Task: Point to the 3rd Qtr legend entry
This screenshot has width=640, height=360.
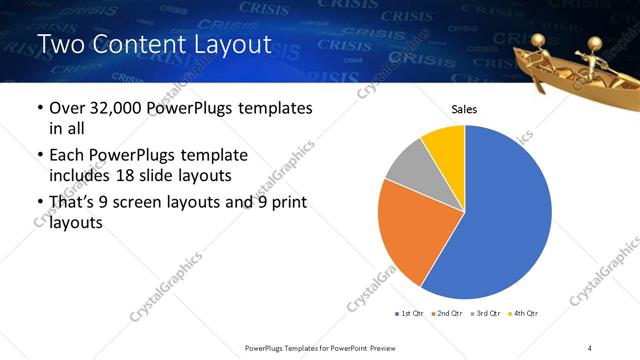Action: (484, 313)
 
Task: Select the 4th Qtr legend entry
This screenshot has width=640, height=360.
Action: (523, 313)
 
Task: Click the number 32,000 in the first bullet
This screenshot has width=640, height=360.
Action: (114, 107)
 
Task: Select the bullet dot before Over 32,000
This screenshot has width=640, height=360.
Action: (39, 107)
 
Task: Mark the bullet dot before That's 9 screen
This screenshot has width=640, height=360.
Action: (39, 204)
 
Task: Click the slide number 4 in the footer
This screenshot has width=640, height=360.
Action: (590, 347)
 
